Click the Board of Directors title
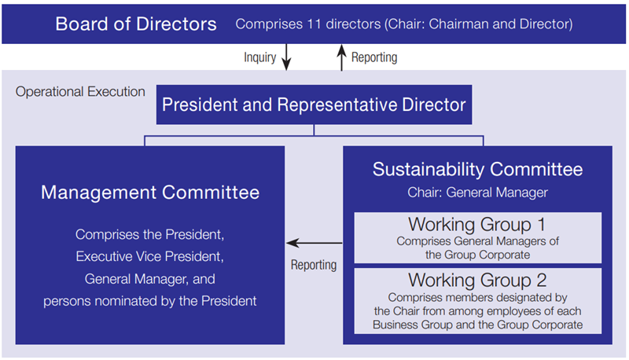pos(136,24)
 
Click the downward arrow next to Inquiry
pos(286,57)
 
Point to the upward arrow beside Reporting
pos(341,57)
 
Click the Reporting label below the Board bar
pos(374,57)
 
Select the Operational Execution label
pos(80,92)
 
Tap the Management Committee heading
pos(150,192)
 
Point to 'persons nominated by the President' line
pos(150,300)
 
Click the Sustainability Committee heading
pos(478,169)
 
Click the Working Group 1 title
pos(477,224)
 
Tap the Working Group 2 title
pos(478,280)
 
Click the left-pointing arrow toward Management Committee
pos(314,243)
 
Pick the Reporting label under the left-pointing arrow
pos(313,265)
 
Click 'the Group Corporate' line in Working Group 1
pos(478,254)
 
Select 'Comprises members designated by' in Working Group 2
pos(478,298)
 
